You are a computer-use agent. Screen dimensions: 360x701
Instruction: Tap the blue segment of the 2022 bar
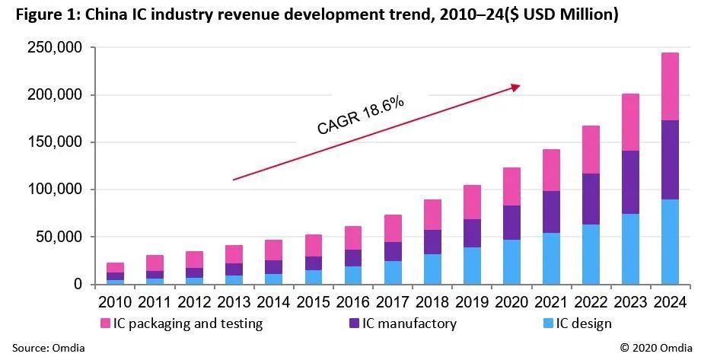pos(589,253)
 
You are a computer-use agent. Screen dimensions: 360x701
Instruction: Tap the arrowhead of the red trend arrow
pos(516,87)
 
